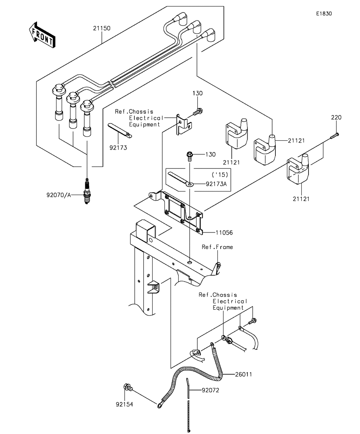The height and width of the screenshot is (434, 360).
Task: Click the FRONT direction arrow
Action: [42, 35]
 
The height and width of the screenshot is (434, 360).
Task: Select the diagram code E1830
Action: [324, 14]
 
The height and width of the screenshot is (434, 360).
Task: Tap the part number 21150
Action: [102, 28]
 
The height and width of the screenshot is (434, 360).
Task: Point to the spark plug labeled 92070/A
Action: [87, 191]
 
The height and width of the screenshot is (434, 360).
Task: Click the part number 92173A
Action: [216, 184]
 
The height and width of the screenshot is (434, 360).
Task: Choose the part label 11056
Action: [224, 232]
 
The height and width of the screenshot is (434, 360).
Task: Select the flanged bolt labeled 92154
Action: [128, 387]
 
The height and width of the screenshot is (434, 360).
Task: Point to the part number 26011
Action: [243, 374]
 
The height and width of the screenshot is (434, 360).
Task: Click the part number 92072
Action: [211, 390]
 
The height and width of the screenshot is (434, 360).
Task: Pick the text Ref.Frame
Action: [217, 247]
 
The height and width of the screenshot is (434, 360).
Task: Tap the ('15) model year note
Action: [220, 175]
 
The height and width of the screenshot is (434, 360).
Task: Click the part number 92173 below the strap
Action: [118, 148]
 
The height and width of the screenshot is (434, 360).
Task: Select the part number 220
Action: [336, 117]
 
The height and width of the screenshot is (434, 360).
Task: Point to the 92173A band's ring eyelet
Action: [189, 184]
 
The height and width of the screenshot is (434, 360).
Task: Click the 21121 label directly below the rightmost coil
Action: [301, 199]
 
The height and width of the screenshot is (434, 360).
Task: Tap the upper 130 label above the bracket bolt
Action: [197, 93]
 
